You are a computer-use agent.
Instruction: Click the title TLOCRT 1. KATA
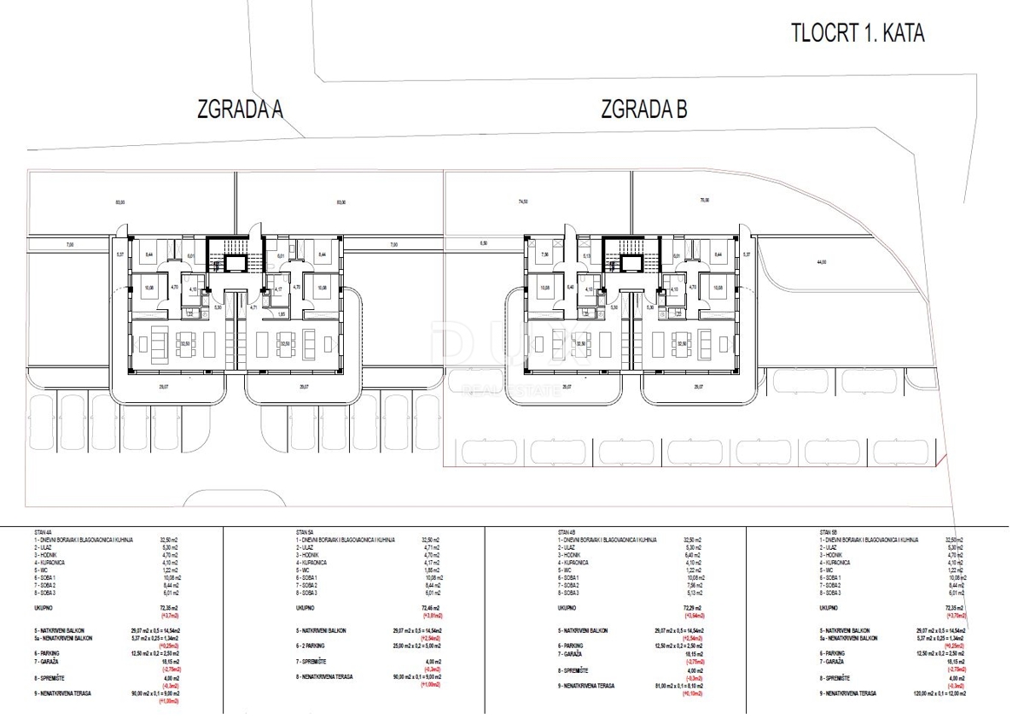[857, 33]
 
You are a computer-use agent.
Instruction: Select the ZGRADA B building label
[643, 109]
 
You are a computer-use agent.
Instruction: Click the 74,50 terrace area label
[522, 202]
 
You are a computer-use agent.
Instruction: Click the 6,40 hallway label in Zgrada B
[569, 288]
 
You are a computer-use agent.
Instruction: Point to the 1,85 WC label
[282, 313]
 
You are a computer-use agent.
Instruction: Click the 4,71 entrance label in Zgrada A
[253, 307]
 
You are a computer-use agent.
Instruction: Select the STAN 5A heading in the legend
[306, 531]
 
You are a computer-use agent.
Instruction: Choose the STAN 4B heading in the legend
[567, 531]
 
